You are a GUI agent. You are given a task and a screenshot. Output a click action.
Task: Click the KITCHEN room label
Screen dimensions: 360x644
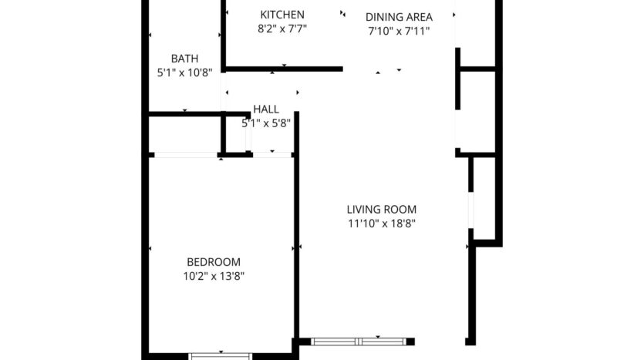pyautogui.click(x=282, y=15)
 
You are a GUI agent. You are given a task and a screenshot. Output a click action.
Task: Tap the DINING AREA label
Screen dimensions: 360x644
pyautogui.click(x=398, y=17)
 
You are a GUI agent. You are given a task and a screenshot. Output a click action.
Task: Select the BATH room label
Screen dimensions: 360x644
pyautogui.click(x=184, y=59)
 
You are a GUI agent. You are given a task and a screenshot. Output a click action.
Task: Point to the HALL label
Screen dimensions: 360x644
pyautogui.click(x=266, y=109)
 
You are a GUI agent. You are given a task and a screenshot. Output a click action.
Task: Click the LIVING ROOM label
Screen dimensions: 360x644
pyautogui.click(x=381, y=209)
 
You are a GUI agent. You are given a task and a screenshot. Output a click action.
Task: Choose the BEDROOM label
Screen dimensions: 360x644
pyautogui.click(x=214, y=261)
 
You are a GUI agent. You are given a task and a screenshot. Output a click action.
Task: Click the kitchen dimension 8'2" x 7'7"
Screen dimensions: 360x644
pyautogui.click(x=282, y=30)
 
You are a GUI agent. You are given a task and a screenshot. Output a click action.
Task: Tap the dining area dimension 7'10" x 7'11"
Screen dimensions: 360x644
pyautogui.click(x=398, y=32)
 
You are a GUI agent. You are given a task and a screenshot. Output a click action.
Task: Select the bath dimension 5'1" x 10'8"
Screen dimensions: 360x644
pyautogui.click(x=184, y=73)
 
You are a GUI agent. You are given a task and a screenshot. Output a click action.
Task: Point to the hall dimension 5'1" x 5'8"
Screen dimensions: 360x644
pyautogui.click(x=266, y=123)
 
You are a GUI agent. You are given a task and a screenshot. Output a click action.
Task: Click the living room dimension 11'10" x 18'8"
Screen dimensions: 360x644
pyautogui.click(x=381, y=224)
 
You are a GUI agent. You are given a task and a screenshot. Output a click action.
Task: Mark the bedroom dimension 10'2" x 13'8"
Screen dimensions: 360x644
pyautogui.click(x=214, y=275)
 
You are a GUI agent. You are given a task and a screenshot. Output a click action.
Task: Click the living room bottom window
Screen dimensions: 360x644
pyautogui.click(x=358, y=341)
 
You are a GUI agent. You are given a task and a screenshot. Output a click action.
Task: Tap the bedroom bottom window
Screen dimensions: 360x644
pyautogui.click(x=221, y=356)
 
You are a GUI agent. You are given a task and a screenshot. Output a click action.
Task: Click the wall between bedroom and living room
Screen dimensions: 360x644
pyautogui.click(x=296, y=231)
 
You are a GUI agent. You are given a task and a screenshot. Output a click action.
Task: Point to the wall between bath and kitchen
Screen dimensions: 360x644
pyautogui.click(x=223, y=35)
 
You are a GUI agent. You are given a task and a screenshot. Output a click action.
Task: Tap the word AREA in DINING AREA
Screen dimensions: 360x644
pyautogui.click(x=416, y=17)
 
